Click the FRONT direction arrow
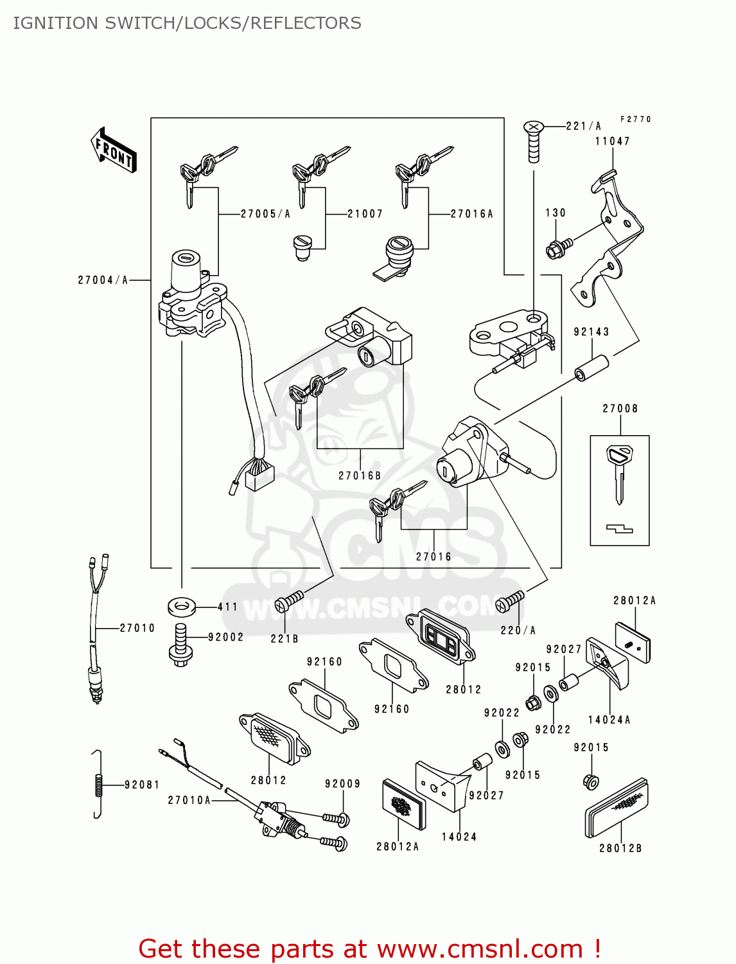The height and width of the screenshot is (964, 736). tap(114, 150)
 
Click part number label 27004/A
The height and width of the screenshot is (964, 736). tap(103, 280)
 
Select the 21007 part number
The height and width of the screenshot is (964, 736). tap(365, 214)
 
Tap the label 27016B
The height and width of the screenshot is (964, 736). tap(360, 476)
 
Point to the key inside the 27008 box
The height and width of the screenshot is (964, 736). tap(619, 472)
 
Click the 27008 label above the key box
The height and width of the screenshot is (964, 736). tap(620, 409)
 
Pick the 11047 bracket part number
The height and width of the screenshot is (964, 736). tap(612, 141)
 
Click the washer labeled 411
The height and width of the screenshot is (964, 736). tap(182, 605)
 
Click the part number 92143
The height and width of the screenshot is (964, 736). tap(591, 332)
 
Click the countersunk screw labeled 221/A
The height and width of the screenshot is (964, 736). tap(534, 141)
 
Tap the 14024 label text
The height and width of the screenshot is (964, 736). tap(459, 837)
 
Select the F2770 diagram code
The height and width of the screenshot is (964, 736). tap(635, 120)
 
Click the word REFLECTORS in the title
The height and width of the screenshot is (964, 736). tap(306, 23)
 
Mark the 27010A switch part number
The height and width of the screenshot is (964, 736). tap(189, 800)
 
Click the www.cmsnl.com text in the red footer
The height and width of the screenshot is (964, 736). tap(480, 949)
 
